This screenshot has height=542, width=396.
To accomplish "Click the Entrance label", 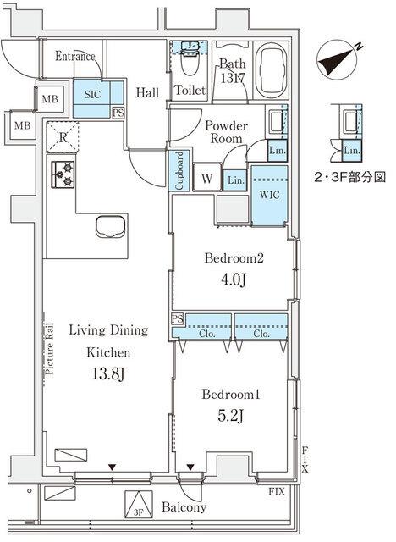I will pos(75,57).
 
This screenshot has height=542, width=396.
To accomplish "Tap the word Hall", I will pos(147,87).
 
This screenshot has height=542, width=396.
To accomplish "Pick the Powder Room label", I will pos(225,132).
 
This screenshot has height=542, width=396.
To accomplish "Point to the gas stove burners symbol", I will pos(63,174).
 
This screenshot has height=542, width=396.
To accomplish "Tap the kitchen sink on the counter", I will pos(111,228).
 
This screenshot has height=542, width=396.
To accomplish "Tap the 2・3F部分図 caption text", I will pos(350,179).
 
